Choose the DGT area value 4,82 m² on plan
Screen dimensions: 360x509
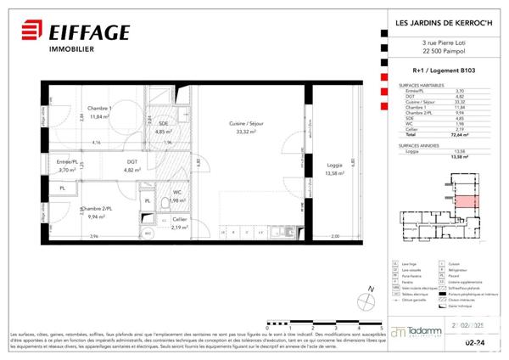coord(132,171)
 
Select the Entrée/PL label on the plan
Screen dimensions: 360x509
coord(68,163)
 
